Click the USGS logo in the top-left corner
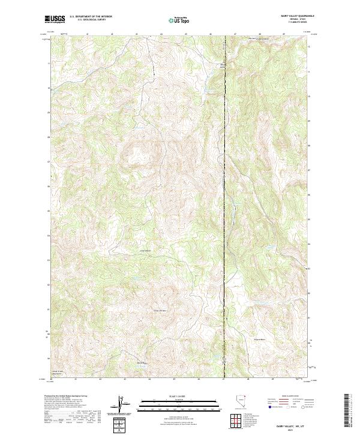[55, 19]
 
